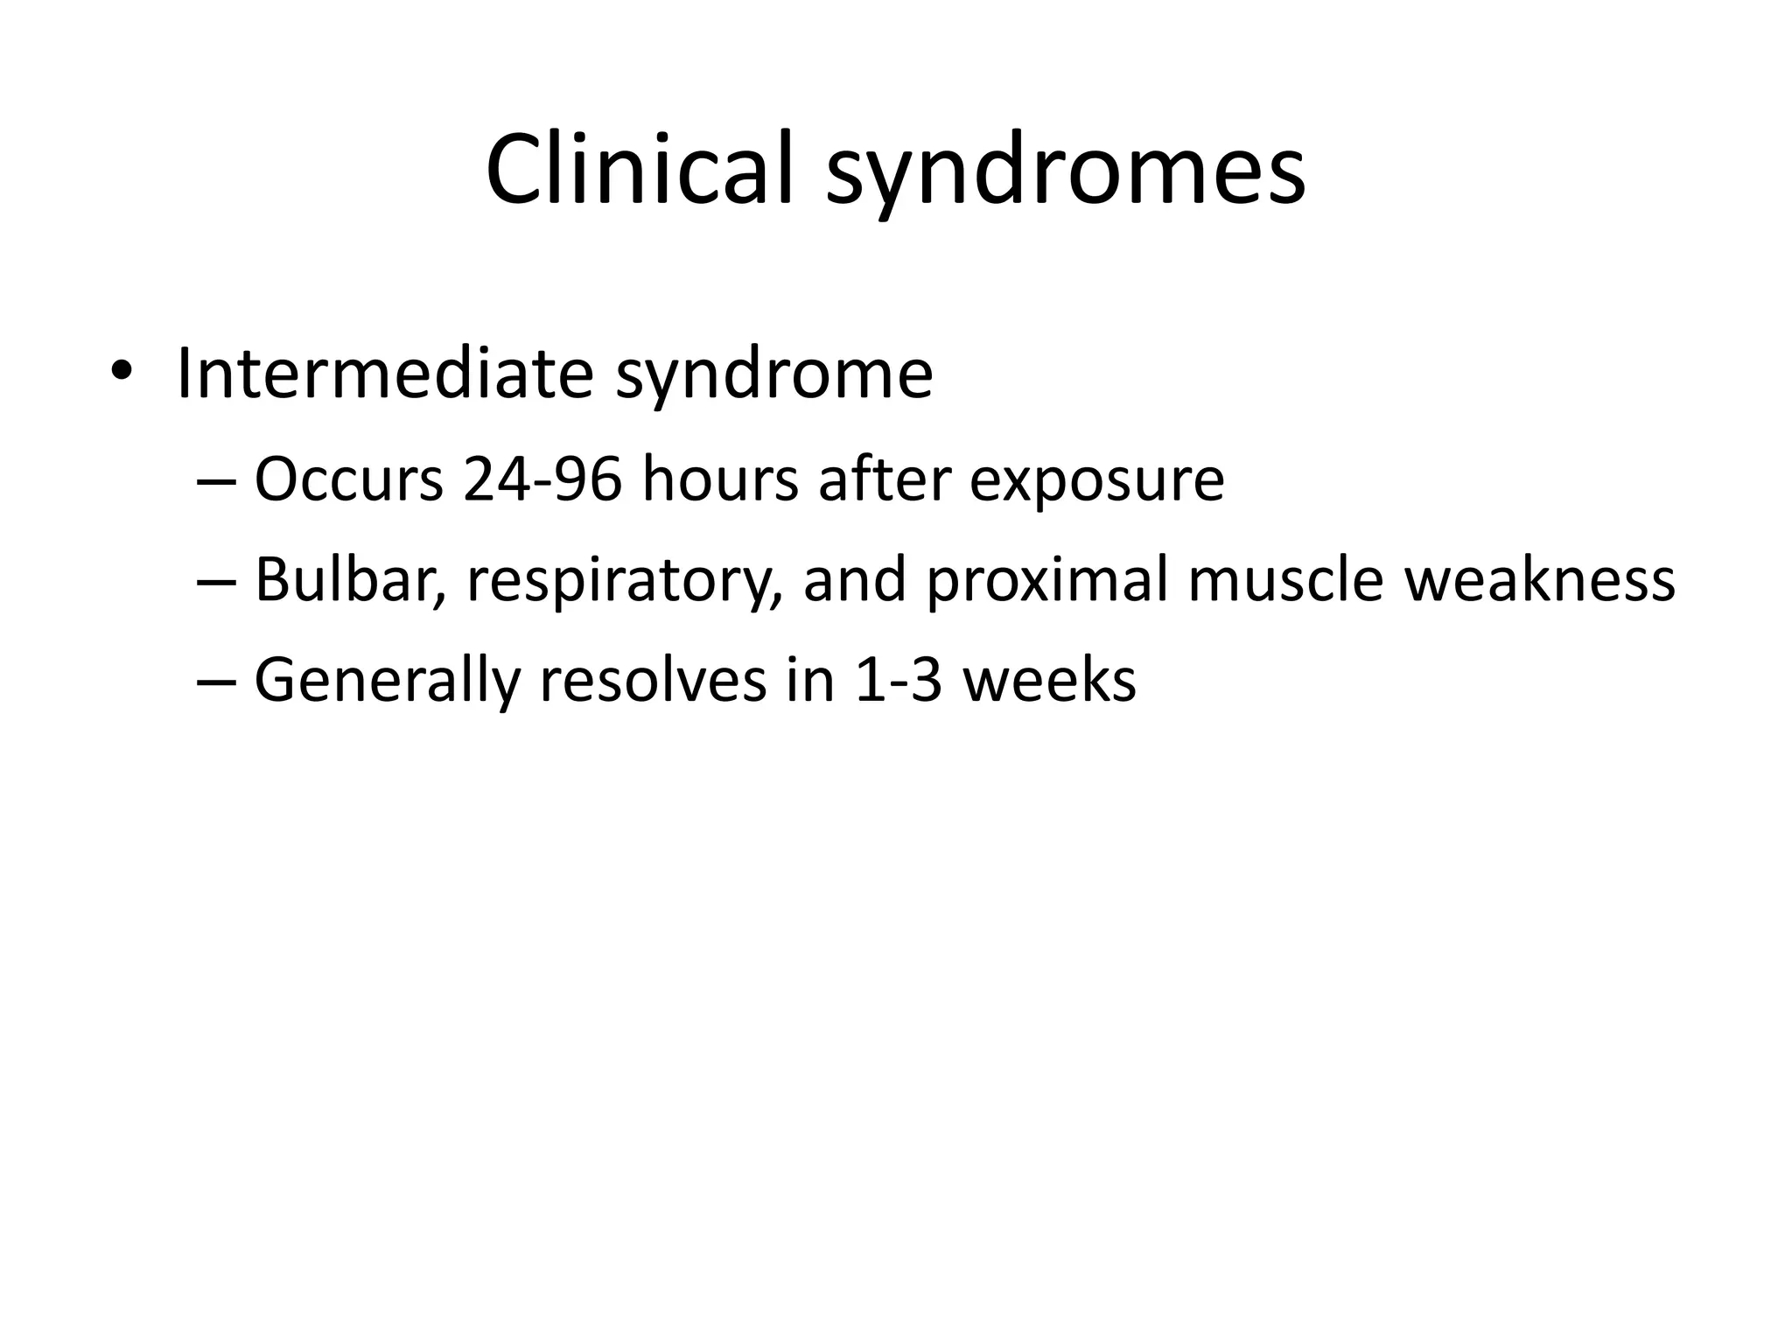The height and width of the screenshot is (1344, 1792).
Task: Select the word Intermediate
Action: pos(385,374)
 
